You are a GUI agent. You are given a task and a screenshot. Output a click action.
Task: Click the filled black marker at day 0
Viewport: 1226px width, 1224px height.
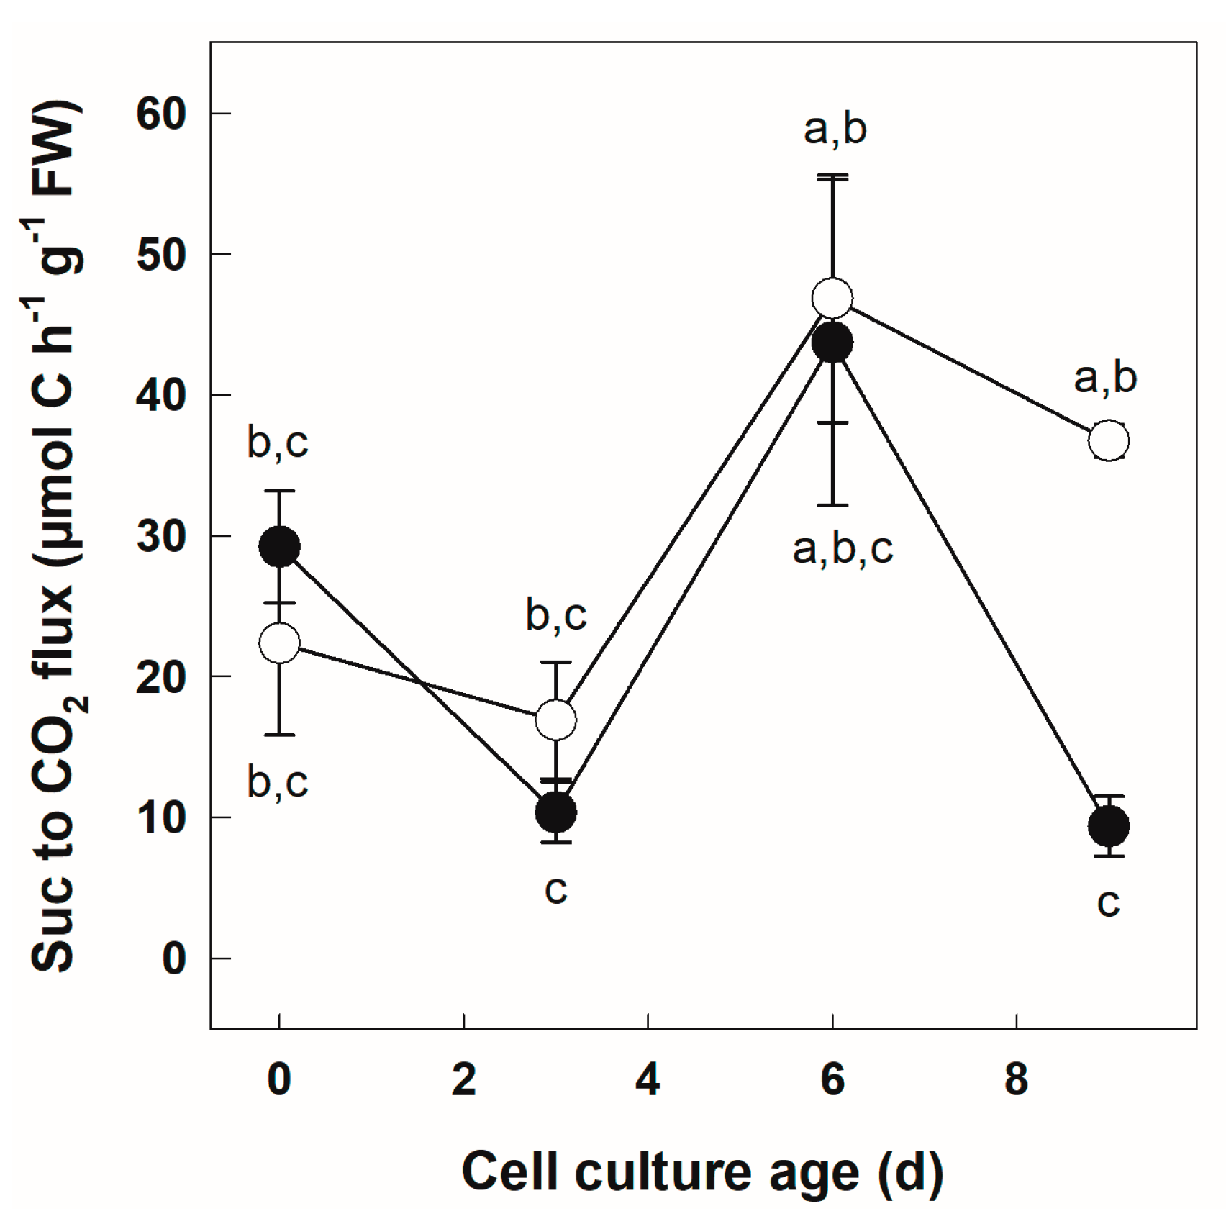[x=279, y=547]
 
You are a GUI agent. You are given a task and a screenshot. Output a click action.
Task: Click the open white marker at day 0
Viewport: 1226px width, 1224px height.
[x=279, y=643]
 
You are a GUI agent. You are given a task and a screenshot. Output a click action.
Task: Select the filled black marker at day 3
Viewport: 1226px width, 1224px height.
[x=555, y=812]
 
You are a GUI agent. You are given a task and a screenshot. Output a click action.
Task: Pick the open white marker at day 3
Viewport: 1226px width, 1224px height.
[x=555, y=719]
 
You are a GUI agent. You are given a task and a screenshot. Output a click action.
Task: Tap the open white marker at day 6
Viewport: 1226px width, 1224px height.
[x=832, y=298]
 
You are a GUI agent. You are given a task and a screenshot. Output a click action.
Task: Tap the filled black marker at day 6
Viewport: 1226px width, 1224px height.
[x=832, y=343]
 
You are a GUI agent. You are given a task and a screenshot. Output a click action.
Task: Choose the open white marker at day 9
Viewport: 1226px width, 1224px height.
[x=1109, y=440]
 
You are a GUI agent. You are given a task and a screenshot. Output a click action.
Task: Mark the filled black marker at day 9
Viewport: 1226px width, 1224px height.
[x=1109, y=825]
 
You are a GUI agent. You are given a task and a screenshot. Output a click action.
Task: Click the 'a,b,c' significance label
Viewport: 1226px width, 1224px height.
[x=843, y=549]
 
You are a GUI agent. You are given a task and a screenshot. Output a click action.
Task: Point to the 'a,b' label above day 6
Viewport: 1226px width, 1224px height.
[x=835, y=130]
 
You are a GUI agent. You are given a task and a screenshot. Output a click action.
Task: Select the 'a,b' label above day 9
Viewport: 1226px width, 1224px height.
[x=1105, y=378]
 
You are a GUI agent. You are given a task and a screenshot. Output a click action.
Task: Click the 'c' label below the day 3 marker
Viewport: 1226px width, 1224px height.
[x=555, y=890]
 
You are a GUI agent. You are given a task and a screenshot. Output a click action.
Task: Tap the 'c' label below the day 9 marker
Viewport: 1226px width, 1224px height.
[x=1109, y=902]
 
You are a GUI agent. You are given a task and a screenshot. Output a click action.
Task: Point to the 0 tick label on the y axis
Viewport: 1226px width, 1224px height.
[x=174, y=958]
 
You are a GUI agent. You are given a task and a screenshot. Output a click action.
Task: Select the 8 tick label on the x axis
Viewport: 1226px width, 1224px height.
[x=1016, y=1079]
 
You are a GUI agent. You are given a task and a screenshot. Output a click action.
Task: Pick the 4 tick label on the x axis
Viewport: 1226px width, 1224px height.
[x=648, y=1079]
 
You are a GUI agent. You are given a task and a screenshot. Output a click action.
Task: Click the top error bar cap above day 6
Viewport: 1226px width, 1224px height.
[x=832, y=176]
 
